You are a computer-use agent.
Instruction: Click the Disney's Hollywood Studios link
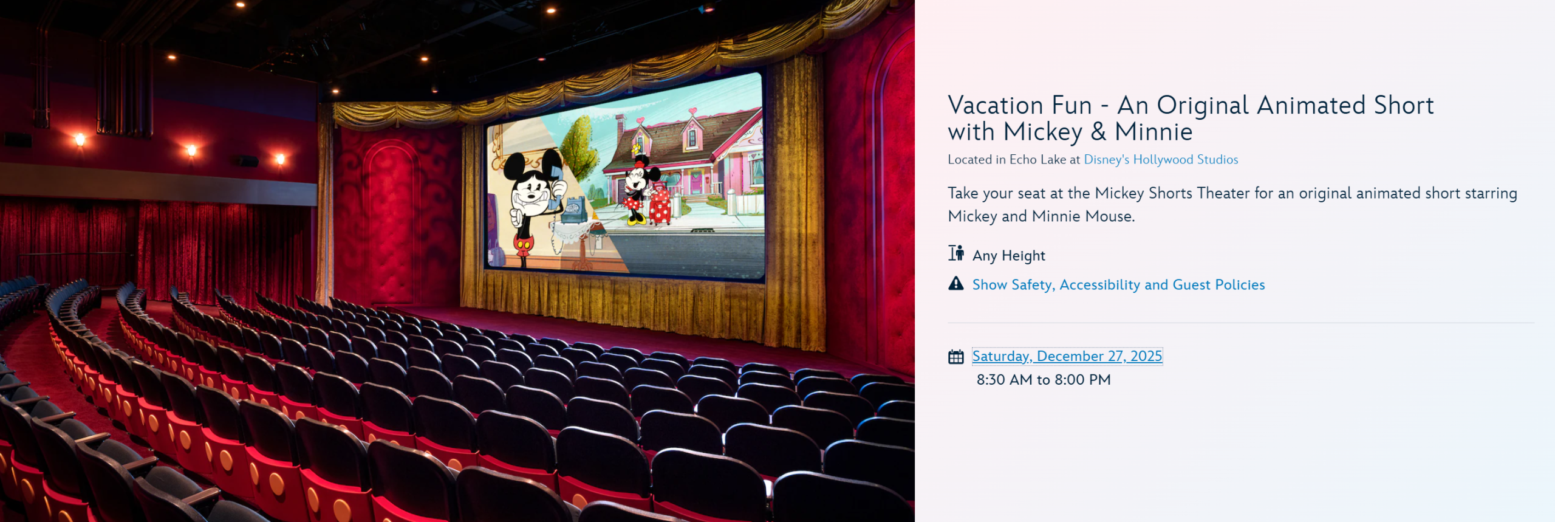pos(1161,159)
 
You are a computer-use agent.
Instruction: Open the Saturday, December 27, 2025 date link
pos(1067,356)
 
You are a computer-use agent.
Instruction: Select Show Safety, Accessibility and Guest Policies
pos(1118,284)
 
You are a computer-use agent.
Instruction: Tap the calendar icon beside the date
pos(956,357)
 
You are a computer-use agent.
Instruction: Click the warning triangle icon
pos(956,284)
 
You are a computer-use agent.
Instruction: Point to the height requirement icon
pos(956,253)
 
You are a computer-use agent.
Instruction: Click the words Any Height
pos(1009,256)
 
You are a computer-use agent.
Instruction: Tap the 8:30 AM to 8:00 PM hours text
pos(1044,380)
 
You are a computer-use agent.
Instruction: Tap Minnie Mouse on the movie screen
pos(636,189)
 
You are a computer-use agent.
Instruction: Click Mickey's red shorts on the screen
pos(524,244)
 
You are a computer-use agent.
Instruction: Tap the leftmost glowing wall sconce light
pos(80,140)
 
